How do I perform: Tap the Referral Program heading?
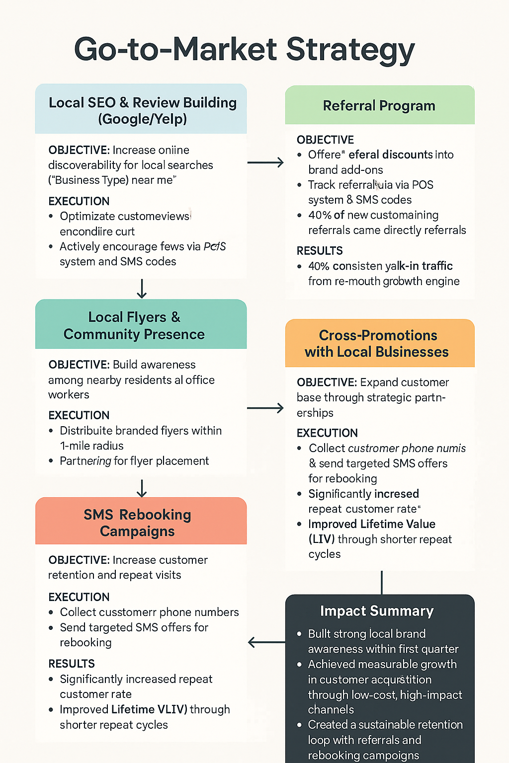point(379,106)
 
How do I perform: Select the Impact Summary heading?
point(377,611)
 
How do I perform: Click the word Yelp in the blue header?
point(169,119)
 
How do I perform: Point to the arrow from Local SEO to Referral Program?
point(265,162)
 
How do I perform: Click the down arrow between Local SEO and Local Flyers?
point(142,289)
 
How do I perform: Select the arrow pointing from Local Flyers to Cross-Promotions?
point(265,408)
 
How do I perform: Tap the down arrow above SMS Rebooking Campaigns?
point(142,488)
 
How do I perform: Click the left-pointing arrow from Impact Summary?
point(266,642)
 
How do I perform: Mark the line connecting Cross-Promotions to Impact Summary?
point(382,582)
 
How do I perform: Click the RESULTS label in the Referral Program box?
point(320,251)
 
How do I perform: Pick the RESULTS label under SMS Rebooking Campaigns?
point(72,664)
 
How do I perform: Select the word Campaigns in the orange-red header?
point(137,532)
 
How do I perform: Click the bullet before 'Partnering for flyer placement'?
point(51,461)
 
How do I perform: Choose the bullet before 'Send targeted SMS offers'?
point(51,628)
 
